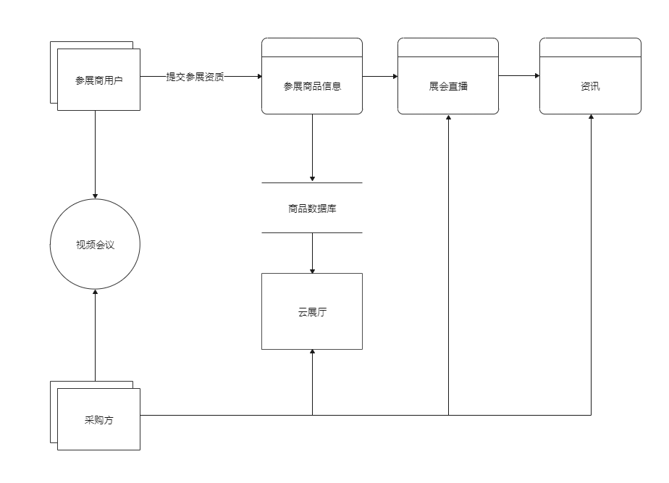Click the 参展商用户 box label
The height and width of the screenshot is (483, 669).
pos(98,80)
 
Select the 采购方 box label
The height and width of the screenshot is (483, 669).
pos(98,420)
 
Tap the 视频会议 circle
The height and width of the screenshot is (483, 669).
pos(95,245)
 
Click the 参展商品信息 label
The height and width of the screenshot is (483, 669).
pos(312,86)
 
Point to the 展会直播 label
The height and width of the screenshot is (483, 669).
pos(448,86)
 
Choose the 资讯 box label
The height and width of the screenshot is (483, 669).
pos(590,86)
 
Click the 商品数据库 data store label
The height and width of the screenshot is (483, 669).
pos(312,209)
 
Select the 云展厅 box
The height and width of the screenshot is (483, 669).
pos(312,311)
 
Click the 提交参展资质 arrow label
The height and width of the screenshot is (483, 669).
pos(195,76)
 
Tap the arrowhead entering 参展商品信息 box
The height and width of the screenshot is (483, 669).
pos(258,76)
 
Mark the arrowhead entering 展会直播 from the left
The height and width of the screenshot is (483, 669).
pos(394,76)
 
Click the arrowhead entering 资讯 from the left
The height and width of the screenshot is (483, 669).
pos(536,75)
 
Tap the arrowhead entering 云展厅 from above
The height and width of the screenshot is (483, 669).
pos(312,269)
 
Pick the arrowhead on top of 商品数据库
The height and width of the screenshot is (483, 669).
pos(312,179)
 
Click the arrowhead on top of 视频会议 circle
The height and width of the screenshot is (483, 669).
pos(95,196)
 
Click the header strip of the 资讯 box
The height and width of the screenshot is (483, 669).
pos(590,48)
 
